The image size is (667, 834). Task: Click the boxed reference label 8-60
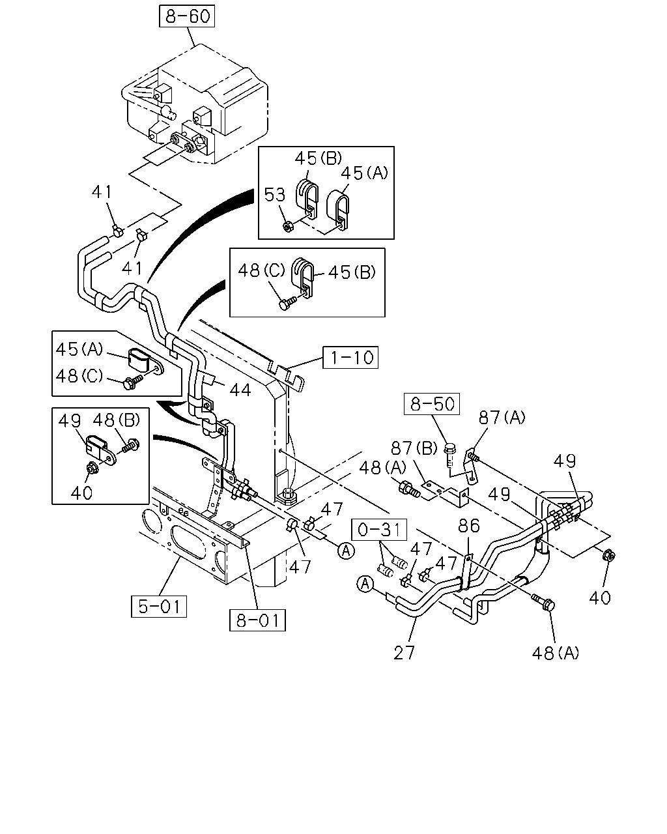[187, 16]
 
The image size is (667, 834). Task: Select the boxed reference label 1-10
[350, 357]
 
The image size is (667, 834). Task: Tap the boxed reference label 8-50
[432, 404]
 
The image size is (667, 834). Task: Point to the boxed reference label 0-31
[379, 529]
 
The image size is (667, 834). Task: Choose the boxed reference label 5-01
[159, 606]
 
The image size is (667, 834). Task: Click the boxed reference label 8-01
[257, 620]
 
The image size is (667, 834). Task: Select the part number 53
[274, 195]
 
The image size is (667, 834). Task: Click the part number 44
[240, 390]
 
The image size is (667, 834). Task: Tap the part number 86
[469, 526]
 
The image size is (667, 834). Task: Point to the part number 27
[404, 653]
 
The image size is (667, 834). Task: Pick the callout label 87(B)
[414, 448]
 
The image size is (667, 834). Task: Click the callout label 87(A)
[502, 418]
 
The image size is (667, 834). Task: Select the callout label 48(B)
[117, 420]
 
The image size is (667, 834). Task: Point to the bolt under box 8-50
[450, 455]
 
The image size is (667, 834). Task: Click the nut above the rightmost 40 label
[608, 556]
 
